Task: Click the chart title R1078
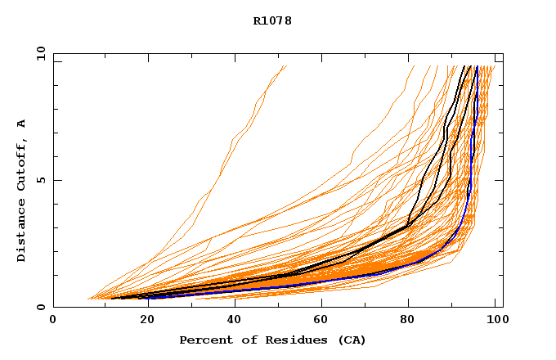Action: [272, 21]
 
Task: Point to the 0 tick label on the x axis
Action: [53, 322]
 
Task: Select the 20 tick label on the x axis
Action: [142, 322]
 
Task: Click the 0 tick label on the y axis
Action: [40, 308]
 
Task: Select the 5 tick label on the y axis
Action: [40, 180]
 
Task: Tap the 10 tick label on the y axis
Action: [40, 53]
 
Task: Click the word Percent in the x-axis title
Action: [202, 340]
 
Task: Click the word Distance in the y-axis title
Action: [22, 230]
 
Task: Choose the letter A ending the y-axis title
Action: [22, 124]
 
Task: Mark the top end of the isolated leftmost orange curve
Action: [286, 65]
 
